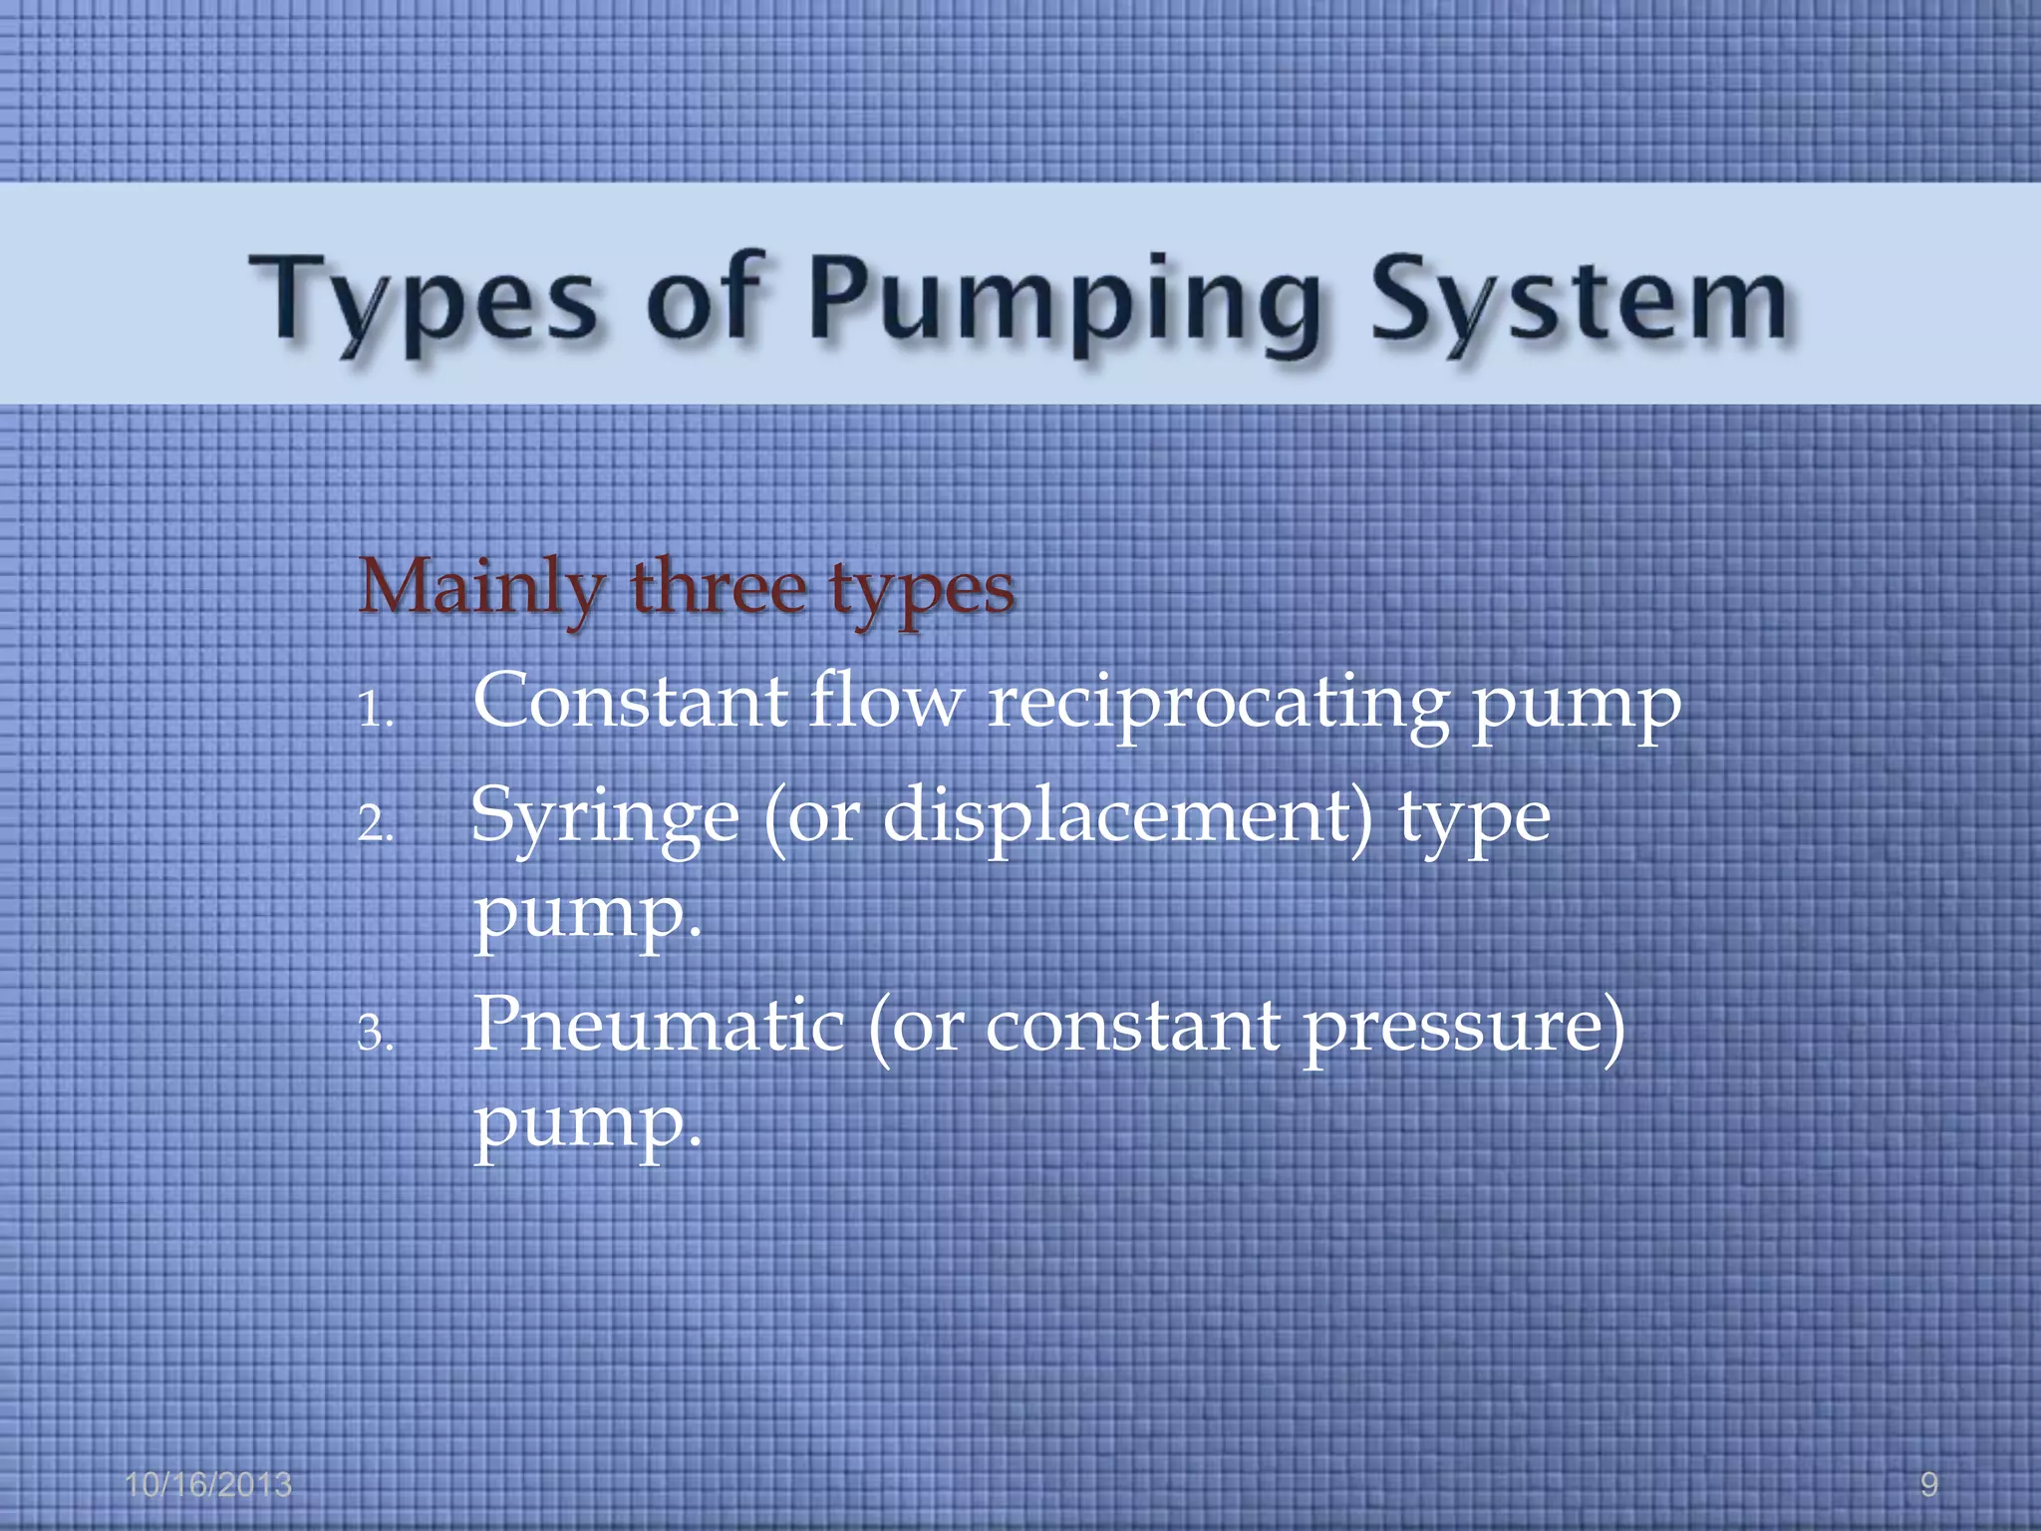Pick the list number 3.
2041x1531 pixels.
coord(376,1034)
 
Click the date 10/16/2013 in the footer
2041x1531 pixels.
coord(208,1485)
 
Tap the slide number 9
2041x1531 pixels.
coord(1928,1485)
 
